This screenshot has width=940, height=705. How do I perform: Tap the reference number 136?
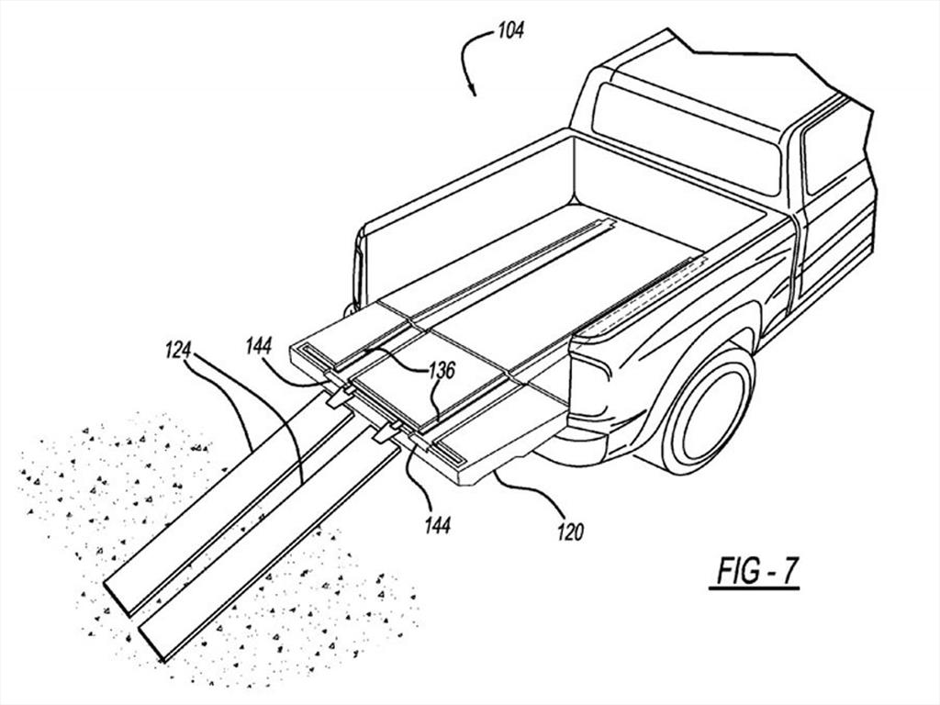click(x=442, y=370)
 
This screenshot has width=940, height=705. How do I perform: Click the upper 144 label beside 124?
click(x=258, y=345)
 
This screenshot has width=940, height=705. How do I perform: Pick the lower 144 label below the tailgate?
click(x=437, y=526)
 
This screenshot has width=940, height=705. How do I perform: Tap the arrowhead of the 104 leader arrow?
click(x=473, y=91)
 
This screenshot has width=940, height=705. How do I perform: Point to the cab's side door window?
click(x=829, y=153)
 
